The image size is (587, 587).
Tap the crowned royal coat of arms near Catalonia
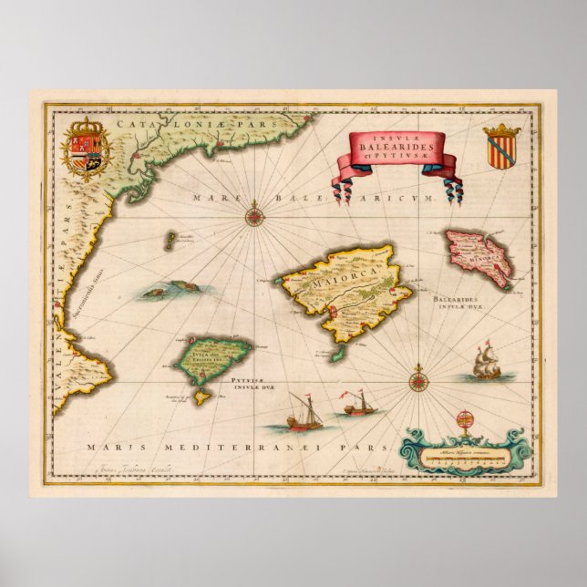(87, 150)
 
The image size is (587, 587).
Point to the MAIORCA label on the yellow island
(335, 283)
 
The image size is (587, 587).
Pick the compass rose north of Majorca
(252, 217)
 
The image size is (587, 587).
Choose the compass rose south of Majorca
(418, 371)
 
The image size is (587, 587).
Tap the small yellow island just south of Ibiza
(202, 396)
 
